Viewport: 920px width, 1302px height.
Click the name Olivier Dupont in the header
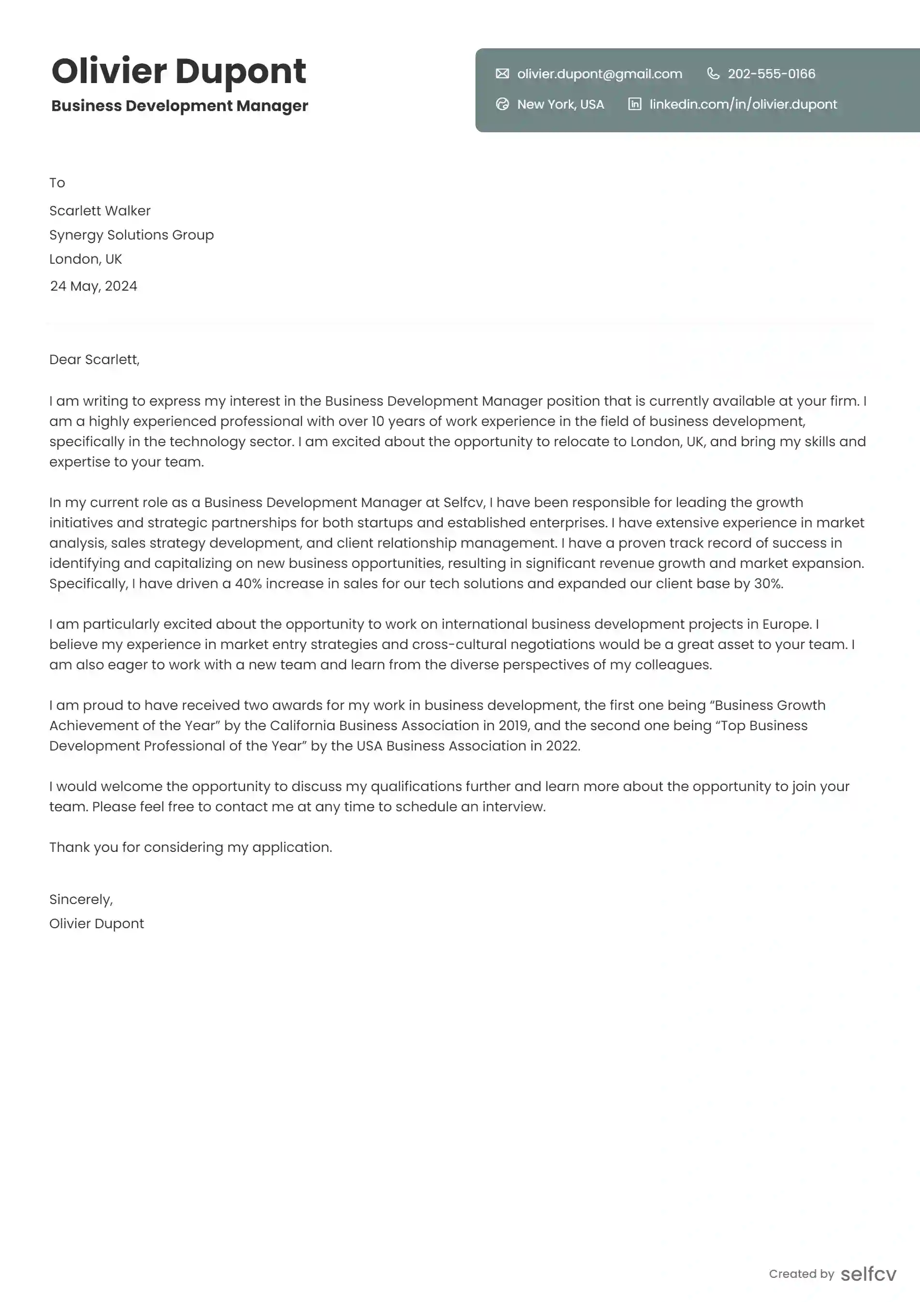(x=179, y=71)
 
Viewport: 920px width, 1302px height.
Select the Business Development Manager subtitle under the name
(x=179, y=106)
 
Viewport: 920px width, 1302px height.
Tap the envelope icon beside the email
(x=502, y=74)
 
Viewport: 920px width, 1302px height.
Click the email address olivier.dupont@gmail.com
(x=600, y=74)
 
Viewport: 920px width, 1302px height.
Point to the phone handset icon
(x=713, y=74)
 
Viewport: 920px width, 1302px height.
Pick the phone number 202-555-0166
(x=771, y=74)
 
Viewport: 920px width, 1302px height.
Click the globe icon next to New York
(x=502, y=104)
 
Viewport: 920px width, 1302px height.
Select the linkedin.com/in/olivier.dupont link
(x=743, y=104)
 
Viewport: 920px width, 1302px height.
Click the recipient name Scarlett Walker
(x=100, y=211)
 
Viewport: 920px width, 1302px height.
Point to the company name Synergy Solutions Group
(x=131, y=235)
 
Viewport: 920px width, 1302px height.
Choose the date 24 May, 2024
(x=94, y=286)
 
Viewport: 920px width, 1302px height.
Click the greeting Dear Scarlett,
(x=94, y=359)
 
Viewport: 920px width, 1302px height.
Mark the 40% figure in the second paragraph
(x=248, y=583)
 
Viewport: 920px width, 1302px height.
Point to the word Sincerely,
(x=81, y=899)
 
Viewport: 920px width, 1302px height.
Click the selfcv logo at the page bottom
(x=868, y=1274)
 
